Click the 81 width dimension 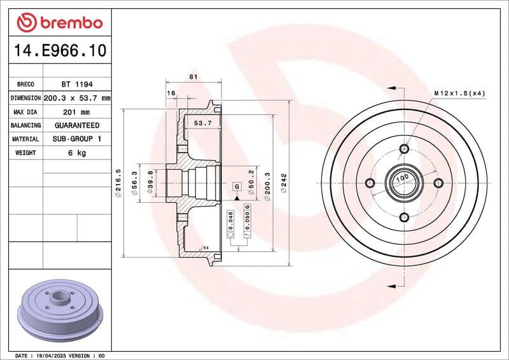193,77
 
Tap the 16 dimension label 171,93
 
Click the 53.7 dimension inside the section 202,123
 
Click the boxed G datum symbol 237,186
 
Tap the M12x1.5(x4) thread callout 459,93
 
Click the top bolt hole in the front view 404,149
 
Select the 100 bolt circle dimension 401,180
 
